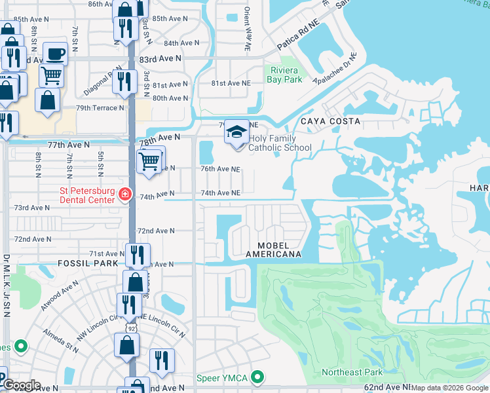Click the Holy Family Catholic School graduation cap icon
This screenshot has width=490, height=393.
click(x=236, y=132)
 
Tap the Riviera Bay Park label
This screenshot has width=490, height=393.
click(x=285, y=75)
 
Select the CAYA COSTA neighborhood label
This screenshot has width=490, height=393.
click(x=330, y=121)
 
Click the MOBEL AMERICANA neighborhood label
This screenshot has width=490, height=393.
click(x=273, y=248)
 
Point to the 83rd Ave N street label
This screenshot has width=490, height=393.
click(x=160, y=58)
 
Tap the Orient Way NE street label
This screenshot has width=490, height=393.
click(x=247, y=29)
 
